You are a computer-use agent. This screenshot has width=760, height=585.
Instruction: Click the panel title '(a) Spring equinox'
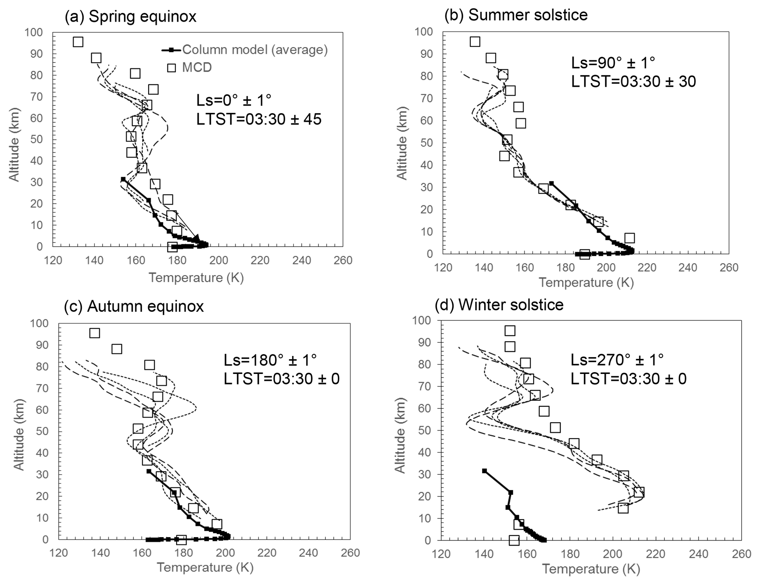click(x=130, y=17)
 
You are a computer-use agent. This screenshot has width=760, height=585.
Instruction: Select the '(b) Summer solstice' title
click(x=516, y=15)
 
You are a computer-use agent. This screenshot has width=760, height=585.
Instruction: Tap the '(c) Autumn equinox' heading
click(x=133, y=306)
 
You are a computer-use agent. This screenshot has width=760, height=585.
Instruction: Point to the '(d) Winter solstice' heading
click(x=499, y=304)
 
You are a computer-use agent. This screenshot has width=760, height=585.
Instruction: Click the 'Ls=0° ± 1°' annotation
click(x=233, y=100)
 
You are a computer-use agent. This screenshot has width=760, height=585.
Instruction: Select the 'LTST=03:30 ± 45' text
click(x=258, y=119)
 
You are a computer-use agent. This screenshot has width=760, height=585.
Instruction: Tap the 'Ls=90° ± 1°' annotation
click(x=613, y=63)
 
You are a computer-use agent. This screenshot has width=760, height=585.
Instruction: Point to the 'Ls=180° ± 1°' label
click(x=270, y=360)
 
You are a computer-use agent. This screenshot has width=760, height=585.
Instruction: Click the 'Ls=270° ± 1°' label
click(x=617, y=359)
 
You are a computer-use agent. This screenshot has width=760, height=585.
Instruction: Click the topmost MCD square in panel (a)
click(x=78, y=42)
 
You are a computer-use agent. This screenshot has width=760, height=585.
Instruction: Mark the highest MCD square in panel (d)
click(x=510, y=331)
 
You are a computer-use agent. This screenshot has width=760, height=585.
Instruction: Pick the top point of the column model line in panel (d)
click(x=484, y=471)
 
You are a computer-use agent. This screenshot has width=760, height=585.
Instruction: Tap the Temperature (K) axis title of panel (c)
click(x=205, y=567)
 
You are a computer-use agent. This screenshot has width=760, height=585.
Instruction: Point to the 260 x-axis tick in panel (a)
click(x=343, y=261)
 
